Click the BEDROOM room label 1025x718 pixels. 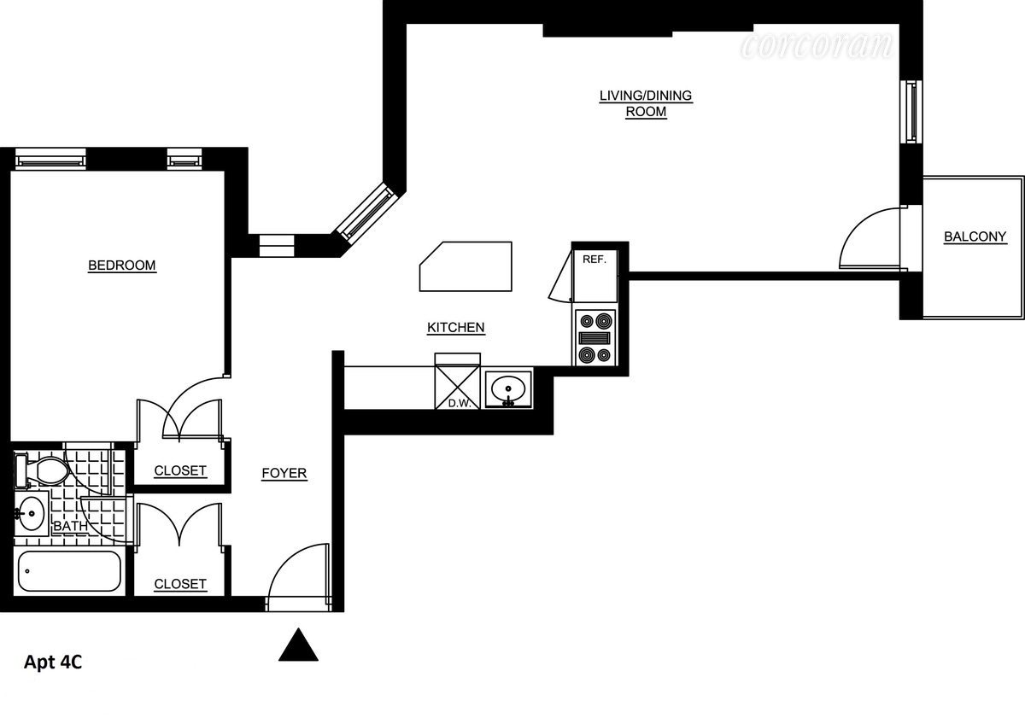click(122, 266)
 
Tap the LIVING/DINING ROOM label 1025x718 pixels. click(646, 103)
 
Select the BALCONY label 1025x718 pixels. click(975, 237)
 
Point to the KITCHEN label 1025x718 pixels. click(456, 328)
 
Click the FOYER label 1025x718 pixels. click(284, 473)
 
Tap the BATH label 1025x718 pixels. click(70, 527)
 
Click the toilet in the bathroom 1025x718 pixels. click(43, 468)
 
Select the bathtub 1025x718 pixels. click(70, 571)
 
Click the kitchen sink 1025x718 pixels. click(509, 389)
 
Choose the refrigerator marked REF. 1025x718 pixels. click(594, 272)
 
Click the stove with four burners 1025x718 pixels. click(595, 338)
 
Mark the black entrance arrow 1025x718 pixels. click(298, 645)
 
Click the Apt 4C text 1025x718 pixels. click(53, 663)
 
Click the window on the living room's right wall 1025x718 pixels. click(912, 111)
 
